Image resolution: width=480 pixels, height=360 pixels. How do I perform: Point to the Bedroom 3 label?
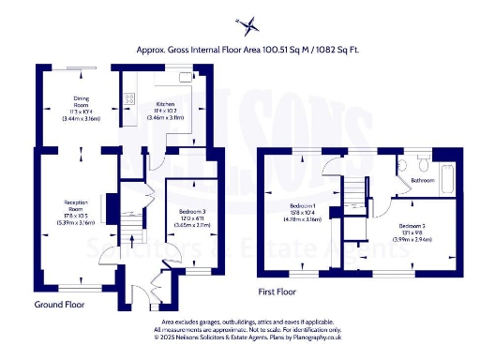(x=190, y=213)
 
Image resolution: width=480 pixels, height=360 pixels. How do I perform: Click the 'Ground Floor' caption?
(x=64, y=305)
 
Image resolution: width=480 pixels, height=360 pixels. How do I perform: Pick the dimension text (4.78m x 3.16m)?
(x=302, y=218)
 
